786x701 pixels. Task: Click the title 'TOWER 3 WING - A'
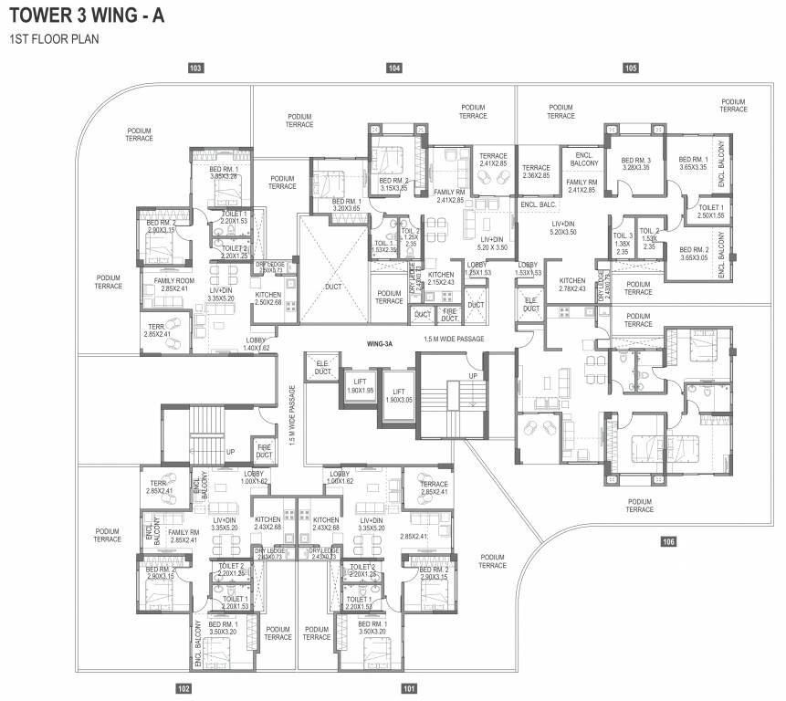click(87, 16)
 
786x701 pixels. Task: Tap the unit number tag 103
click(194, 68)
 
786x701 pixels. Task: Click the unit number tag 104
click(394, 68)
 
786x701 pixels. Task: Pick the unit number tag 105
click(630, 68)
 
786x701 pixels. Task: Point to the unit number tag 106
click(669, 542)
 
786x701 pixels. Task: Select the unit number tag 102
click(183, 688)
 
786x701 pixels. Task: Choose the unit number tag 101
click(408, 688)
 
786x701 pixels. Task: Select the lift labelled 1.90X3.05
click(398, 395)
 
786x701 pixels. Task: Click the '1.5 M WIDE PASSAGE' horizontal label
click(454, 340)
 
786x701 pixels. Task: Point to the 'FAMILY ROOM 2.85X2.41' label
click(173, 285)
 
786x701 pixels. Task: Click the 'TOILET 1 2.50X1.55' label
click(710, 211)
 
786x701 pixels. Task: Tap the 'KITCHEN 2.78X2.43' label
click(572, 285)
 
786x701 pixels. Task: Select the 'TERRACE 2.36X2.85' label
click(536, 172)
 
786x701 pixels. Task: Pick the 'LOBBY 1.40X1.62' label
click(257, 345)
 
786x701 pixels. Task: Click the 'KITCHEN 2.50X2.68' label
click(267, 299)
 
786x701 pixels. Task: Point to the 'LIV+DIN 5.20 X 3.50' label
click(491, 217)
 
